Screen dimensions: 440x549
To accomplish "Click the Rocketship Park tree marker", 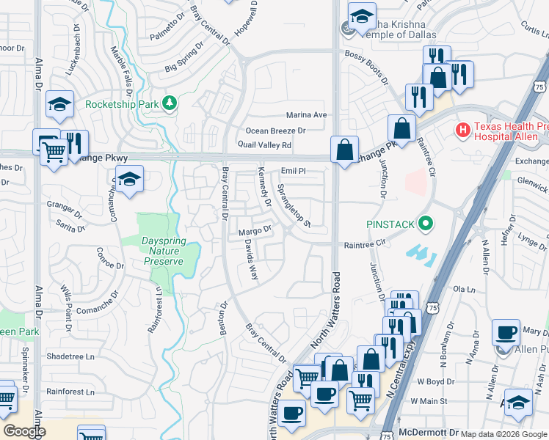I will pos(170,103).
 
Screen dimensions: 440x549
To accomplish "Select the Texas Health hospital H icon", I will pos(463,131).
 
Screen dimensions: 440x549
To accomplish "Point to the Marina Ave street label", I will pos(306,115).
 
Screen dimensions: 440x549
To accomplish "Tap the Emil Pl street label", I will pos(292,171).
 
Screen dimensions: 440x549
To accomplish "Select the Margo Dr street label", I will pos(255,232).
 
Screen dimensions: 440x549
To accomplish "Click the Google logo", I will pos(24,430).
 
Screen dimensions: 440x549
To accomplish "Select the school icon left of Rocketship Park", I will pos(59,106).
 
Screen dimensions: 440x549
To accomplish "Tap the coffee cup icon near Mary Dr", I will pos(506,332).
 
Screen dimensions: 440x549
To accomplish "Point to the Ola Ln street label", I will pos(461,290).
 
